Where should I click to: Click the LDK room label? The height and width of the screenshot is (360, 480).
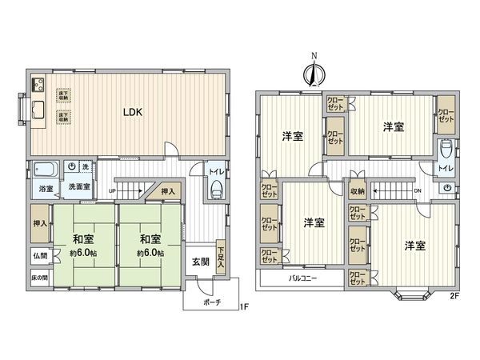tap(132, 113)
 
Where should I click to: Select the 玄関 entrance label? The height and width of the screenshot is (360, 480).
tap(201, 261)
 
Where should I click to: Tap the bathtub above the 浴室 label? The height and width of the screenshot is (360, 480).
tap(45, 170)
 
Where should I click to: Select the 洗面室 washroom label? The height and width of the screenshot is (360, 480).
tap(78, 187)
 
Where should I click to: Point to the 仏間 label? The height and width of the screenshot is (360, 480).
tap(40, 256)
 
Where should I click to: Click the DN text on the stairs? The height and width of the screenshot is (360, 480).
tap(417, 190)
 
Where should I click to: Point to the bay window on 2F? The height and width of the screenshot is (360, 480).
tap(410, 297)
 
